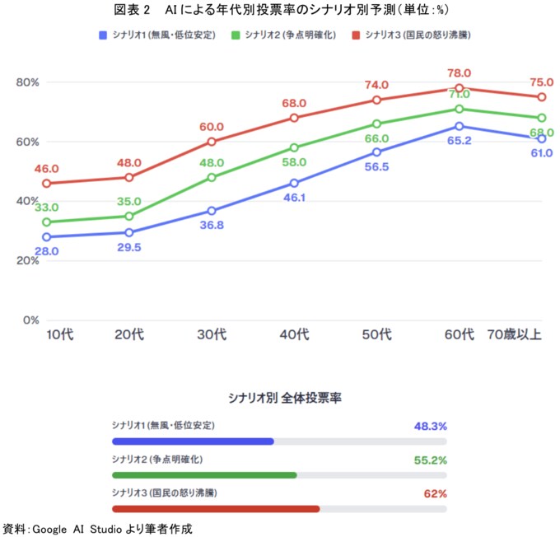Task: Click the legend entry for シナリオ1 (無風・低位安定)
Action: coord(156,35)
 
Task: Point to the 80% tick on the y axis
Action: coord(27,82)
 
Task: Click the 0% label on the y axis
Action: coord(30,320)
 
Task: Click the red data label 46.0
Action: coord(46,168)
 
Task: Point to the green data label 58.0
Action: coord(294,162)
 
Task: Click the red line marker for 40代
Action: coord(294,118)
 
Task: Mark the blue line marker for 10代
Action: coord(47,237)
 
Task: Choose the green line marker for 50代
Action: coord(376,124)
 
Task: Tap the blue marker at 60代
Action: coord(459,126)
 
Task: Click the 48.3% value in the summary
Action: coord(430,427)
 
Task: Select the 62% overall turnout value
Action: coord(435,494)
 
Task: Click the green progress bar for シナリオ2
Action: coord(203,475)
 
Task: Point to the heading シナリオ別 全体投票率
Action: coord(284,398)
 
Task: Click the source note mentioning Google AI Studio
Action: coord(99,528)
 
